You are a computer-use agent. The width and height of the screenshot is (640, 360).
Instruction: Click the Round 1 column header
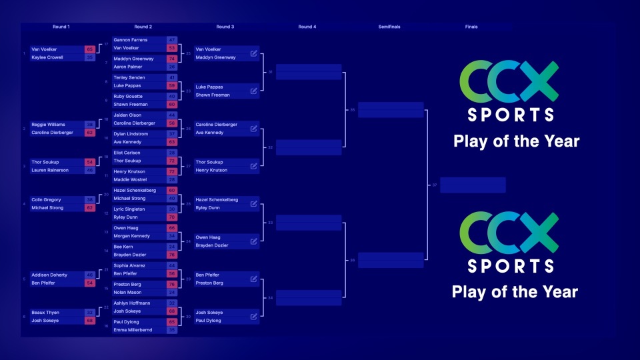(x=61, y=27)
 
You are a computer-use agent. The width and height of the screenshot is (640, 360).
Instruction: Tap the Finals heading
(x=471, y=27)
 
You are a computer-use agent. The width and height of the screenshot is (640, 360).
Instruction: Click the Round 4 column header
(x=307, y=27)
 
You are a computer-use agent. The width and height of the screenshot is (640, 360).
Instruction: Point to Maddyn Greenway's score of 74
(x=172, y=59)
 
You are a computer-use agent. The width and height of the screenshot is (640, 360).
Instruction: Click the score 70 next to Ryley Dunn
(x=172, y=217)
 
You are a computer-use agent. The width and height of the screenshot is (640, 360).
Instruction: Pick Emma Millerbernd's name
(x=133, y=330)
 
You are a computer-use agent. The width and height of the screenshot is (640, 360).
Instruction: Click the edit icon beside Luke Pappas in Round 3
(x=253, y=91)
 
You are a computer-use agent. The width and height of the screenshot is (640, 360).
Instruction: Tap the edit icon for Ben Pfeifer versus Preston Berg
(x=253, y=279)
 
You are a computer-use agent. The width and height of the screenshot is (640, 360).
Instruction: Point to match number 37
(x=435, y=185)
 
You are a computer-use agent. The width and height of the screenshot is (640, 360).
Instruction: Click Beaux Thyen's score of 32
(x=89, y=313)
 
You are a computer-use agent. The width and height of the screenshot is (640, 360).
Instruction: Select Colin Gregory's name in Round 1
(x=46, y=199)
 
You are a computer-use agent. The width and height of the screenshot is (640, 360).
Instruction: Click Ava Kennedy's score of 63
(x=172, y=142)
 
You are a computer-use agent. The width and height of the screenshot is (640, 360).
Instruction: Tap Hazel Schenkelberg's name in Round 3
(x=217, y=200)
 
